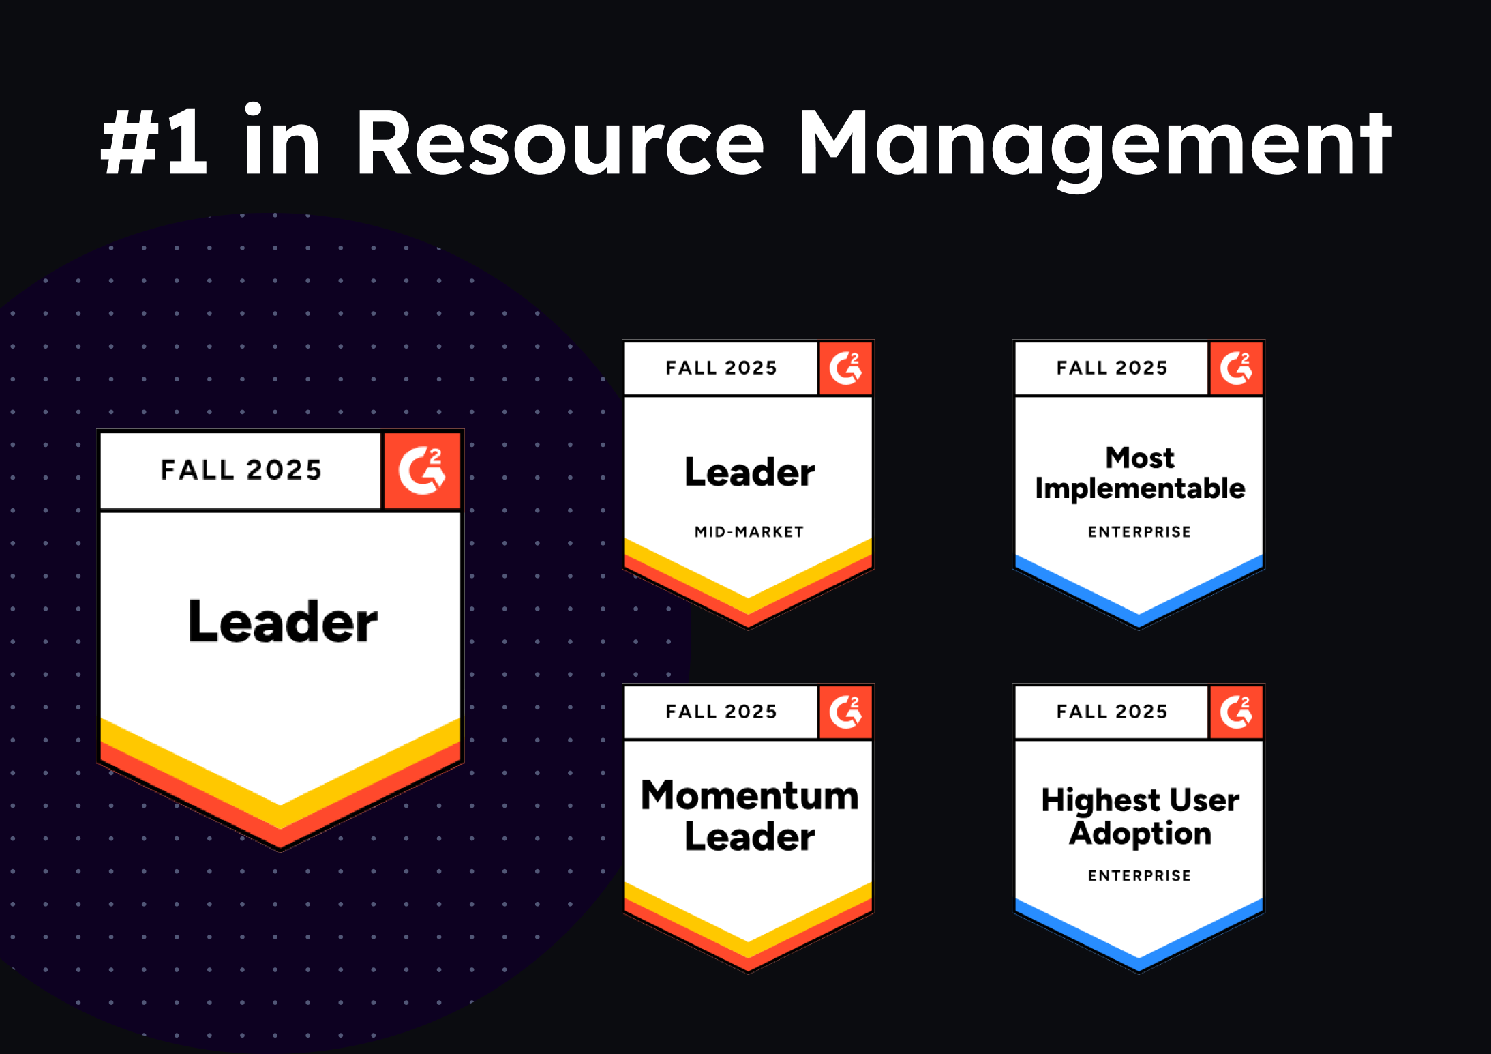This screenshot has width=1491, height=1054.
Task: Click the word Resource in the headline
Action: click(559, 143)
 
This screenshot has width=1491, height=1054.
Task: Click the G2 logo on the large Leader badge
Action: click(422, 470)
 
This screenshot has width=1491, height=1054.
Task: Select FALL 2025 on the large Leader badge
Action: click(241, 470)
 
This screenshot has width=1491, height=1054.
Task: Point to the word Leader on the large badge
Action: click(282, 621)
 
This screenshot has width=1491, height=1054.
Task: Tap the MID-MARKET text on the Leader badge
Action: click(749, 532)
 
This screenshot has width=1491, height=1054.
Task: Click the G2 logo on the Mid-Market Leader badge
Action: click(845, 368)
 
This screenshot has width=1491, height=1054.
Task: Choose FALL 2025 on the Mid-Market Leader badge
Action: click(721, 368)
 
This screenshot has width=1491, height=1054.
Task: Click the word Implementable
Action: click(1140, 489)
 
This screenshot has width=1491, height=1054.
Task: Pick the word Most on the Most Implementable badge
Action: click(1140, 458)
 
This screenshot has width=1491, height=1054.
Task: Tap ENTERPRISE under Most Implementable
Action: click(1139, 532)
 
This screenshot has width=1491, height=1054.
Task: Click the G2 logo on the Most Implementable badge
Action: click(1236, 368)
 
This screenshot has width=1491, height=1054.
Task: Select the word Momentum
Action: click(749, 795)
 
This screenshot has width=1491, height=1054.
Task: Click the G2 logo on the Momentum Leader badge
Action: click(845, 712)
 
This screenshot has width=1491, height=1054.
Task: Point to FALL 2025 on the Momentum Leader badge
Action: click(721, 712)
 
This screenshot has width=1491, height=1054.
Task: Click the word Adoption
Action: click(1140, 834)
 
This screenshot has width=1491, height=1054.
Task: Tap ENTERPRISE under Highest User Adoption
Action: click(1139, 876)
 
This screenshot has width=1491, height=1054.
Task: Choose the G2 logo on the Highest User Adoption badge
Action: click(1236, 712)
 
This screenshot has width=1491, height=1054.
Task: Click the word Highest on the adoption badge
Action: click(1100, 800)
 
